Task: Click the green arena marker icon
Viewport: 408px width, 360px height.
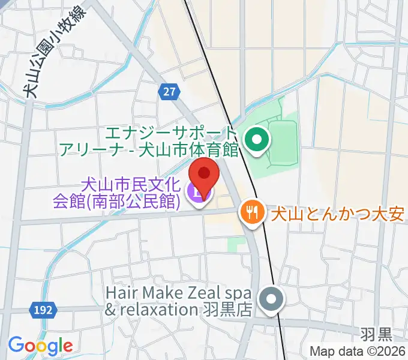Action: [x=258, y=141]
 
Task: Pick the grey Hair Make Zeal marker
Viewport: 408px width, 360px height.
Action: [x=271, y=299]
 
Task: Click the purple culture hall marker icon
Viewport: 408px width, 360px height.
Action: [x=196, y=193]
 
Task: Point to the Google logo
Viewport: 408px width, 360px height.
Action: [x=40, y=345]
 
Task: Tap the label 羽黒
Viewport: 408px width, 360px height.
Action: [x=377, y=333]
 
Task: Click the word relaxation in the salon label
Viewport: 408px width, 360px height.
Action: [x=158, y=310]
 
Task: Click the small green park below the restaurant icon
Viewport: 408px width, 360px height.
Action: [x=236, y=245]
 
